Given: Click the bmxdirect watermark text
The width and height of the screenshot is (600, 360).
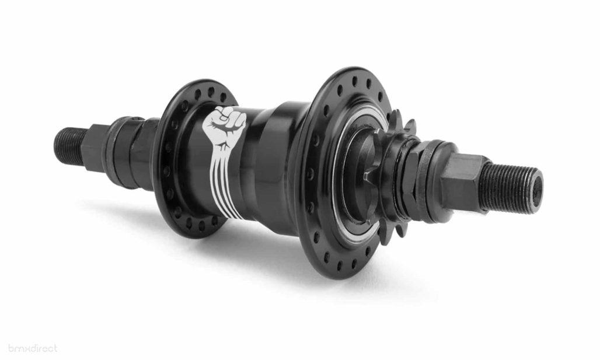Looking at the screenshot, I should pos(29,348).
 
